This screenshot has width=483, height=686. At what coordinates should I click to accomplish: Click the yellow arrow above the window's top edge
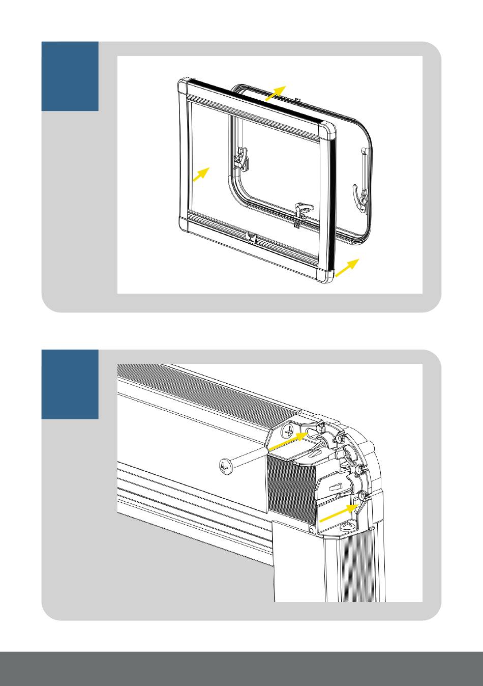click(276, 94)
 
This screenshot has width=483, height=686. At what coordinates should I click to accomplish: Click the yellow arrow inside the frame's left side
click(201, 175)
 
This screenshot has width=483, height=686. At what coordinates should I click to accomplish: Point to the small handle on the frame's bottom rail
click(251, 236)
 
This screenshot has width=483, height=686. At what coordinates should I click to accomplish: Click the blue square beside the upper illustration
click(70, 76)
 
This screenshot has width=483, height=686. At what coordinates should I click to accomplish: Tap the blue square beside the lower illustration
click(70, 384)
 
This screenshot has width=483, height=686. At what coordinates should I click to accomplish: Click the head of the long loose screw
click(226, 465)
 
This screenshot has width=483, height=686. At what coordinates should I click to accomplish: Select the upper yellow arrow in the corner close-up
click(287, 440)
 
